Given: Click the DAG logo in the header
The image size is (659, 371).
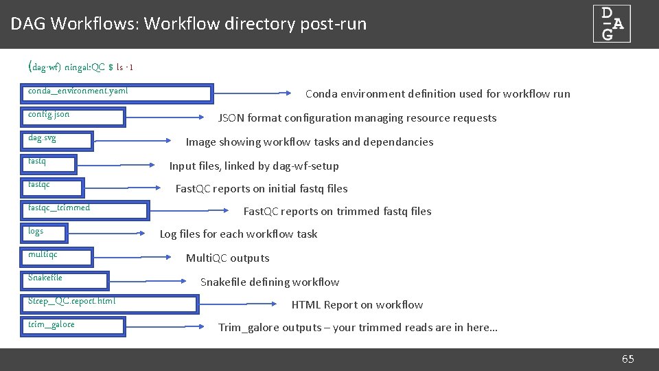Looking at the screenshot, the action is [612, 24].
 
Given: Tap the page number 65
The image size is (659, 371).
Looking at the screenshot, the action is [627, 359].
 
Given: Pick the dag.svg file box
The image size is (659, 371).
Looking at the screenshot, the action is [58, 141].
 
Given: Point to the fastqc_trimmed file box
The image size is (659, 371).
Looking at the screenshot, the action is [86, 210].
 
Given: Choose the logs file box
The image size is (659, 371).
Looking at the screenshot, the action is [45, 234].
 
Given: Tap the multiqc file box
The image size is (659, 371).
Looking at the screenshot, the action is [58, 257].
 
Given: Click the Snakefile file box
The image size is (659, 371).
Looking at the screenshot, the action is [67, 280].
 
